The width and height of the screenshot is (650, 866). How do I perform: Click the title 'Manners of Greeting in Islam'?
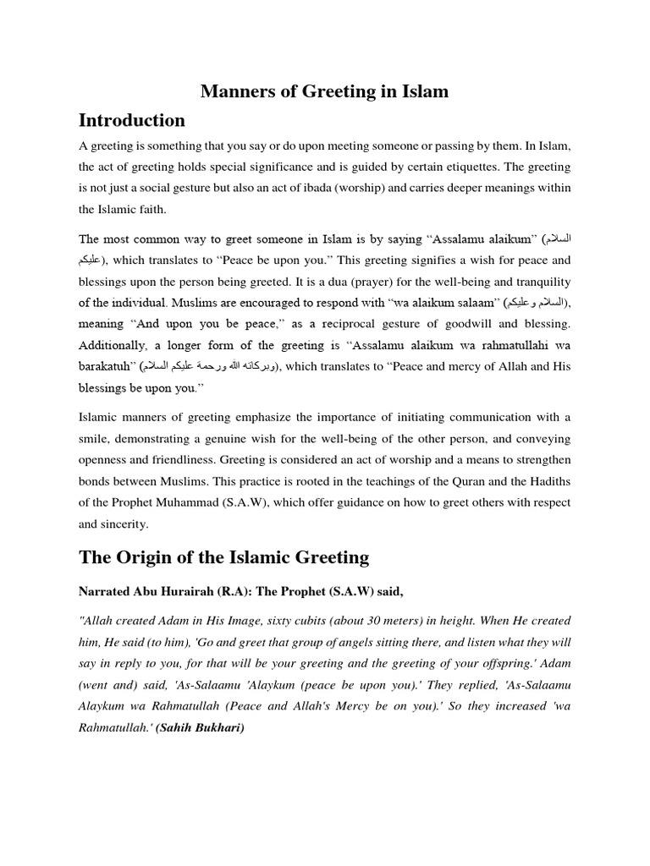click(x=324, y=91)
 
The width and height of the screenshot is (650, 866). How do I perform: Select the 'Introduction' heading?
click(x=132, y=120)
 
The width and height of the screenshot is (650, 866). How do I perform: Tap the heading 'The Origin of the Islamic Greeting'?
click(x=223, y=556)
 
